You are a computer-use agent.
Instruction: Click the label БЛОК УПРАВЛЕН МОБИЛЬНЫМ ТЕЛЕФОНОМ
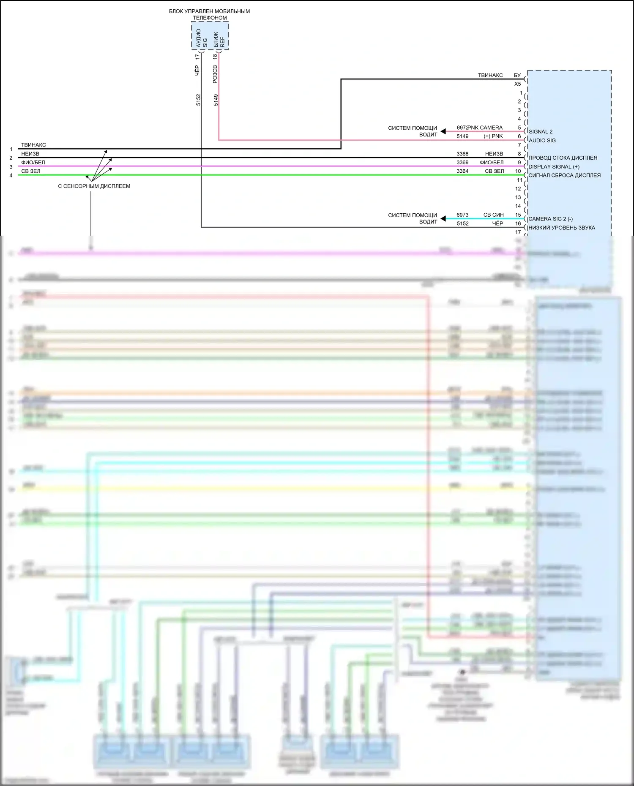[209, 14]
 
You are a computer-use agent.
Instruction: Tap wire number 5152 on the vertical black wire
[198, 100]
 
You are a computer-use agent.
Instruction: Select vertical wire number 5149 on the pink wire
[216, 100]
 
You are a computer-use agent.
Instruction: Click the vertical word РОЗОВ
[215, 74]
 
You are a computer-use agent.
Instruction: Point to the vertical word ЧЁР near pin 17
[197, 71]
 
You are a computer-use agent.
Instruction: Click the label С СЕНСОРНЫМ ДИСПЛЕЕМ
[94, 186]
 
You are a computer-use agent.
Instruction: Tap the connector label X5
[517, 84]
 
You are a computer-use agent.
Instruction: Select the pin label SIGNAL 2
[540, 132]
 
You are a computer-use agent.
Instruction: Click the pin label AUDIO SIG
[542, 141]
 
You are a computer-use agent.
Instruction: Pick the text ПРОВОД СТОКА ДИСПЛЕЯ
[563, 158]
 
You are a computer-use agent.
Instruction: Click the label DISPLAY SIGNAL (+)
[554, 167]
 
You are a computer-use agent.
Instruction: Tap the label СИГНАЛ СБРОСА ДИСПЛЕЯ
[564, 175]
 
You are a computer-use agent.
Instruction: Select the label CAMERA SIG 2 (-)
[550, 219]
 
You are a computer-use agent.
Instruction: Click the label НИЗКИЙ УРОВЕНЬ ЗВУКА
[561, 228]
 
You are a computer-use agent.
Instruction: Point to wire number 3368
[462, 154]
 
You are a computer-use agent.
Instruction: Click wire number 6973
[462, 215]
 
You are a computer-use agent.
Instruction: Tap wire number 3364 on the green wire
[462, 171]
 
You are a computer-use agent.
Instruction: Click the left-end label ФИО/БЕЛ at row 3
[33, 163]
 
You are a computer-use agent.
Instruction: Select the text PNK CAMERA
[485, 128]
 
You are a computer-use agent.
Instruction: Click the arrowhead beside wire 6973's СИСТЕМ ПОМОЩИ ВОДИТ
[443, 218]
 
